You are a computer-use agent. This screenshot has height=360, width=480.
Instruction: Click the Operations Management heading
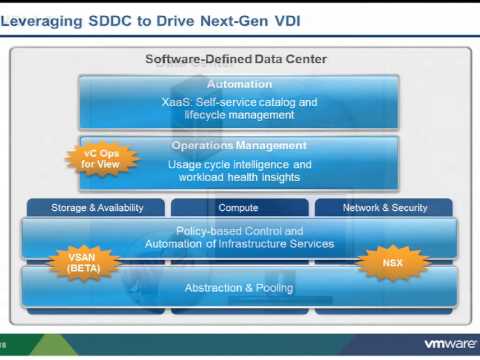click(x=237, y=146)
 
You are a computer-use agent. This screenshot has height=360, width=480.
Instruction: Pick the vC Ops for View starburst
click(x=93, y=158)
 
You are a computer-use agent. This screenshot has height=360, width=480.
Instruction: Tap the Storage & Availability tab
click(x=98, y=208)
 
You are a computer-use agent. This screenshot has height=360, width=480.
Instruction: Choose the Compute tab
click(x=238, y=208)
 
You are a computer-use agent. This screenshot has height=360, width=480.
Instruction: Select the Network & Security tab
click(x=385, y=208)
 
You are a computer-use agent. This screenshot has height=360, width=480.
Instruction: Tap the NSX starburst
click(x=393, y=263)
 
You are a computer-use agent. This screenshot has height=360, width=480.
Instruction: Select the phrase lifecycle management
click(x=238, y=116)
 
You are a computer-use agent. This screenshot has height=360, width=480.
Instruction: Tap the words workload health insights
click(x=238, y=178)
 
